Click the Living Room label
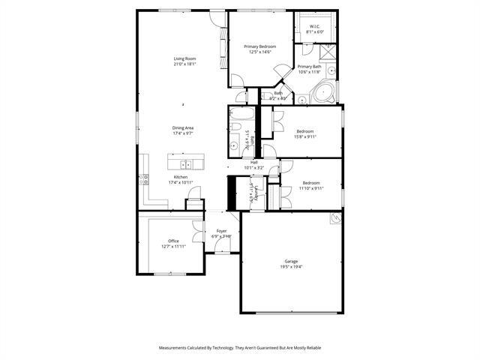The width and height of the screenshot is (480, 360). [184, 58]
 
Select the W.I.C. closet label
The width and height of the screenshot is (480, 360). [315, 27]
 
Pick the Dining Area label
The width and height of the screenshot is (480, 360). [184, 128]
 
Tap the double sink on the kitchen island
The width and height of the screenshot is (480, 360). [185, 163]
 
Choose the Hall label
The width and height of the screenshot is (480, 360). [254, 162]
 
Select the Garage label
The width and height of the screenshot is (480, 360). [291, 262]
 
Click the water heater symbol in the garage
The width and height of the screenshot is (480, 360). [335, 218]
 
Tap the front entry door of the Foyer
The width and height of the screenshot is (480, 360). [221, 253]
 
